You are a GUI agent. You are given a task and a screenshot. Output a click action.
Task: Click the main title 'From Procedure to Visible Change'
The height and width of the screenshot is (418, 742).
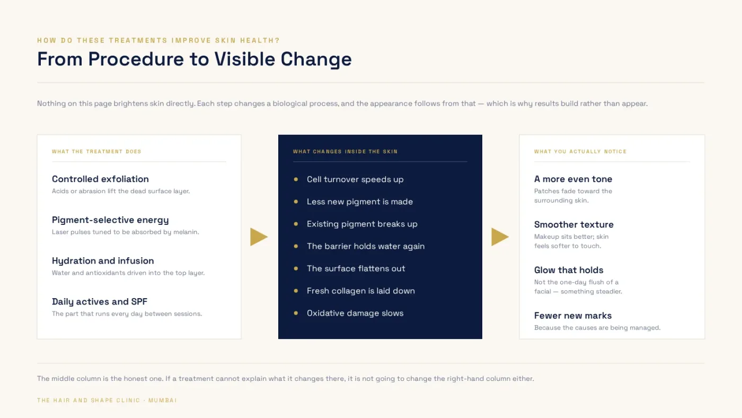pyautogui.click(x=194, y=59)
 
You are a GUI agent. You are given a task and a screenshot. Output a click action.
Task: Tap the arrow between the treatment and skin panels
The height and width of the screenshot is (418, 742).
pyautogui.click(x=259, y=237)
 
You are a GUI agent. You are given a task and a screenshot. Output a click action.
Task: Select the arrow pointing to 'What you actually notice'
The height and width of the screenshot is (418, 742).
pyautogui.click(x=500, y=237)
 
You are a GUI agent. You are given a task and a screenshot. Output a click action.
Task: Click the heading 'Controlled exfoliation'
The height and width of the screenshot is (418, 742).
pyautogui.click(x=100, y=179)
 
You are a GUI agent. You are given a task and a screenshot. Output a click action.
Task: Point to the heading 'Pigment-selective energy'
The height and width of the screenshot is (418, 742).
pyautogui.click(x=110, y=220)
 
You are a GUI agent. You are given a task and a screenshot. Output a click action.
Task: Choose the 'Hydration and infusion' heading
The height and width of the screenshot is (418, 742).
pyautogui.click(x=103, y=261)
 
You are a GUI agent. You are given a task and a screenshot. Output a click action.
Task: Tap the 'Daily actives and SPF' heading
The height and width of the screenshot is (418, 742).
pyautogui.click(x=100, y=302)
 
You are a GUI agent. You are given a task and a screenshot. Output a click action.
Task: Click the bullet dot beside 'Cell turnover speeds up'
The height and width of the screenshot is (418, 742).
pyautogui.click(x=296, y=179)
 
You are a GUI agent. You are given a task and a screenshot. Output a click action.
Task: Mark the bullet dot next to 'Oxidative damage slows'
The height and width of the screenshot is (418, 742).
pyautogui.click(x=296, y=313)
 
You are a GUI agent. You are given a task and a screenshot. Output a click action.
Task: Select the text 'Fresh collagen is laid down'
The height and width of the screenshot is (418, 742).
pyautogui.click(x=361, y=291)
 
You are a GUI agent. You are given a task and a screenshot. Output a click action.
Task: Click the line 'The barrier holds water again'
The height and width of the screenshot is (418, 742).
pyautogui.click(x=366, y=246)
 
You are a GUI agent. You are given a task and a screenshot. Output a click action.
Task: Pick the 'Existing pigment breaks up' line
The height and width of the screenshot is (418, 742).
pyautogui.click(x=362, y=224)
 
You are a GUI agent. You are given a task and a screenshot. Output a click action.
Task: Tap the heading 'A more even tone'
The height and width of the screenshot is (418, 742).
pyautogui.click(x=573, y=179)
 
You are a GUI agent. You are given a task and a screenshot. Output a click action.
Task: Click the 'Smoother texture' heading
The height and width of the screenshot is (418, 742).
pyautogui.click(x=573, y=224)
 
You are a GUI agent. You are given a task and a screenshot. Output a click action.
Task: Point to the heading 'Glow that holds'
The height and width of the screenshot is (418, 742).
pyautogui.click(x=568, y=270)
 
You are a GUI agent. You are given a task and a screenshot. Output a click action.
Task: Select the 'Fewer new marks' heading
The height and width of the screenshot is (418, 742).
pyautogui.click(x=573, y=316)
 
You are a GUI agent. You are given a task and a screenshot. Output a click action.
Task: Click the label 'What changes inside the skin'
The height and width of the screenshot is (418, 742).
pyautogui.click(x=345, y=152)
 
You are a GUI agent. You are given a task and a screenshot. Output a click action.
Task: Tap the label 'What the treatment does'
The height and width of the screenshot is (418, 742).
pyautogui.click(x=96, y=152)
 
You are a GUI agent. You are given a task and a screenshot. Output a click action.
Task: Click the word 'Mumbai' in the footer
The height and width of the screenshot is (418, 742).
pyautogui.click(x=163, y=400)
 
